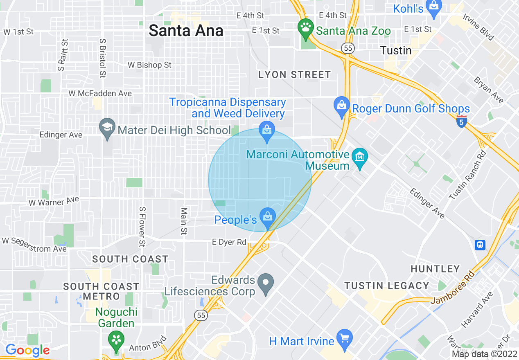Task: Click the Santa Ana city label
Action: tap(186, 31)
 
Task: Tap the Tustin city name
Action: tap(396, 50)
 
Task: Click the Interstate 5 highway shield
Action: tap(461, 122)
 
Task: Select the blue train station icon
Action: tap(480, 245)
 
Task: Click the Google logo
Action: tap(27, 350)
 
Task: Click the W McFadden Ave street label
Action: tap(100, 94)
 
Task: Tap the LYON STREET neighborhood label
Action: tap(294, 74)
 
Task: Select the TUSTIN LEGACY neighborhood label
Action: tap(386, 286)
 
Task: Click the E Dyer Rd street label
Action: tap(229, 242)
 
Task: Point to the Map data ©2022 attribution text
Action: tap(484, 354)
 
